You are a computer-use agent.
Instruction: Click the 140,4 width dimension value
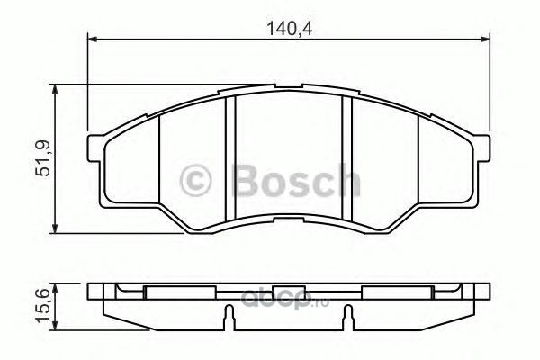click(x=290, y=29)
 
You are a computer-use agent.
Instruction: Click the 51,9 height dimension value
click(x=44, y=158)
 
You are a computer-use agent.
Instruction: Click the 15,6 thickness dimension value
click(x=44, y=306)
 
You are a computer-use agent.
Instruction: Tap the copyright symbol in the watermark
click(x=195, y=181)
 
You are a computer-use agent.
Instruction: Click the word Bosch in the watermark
click(x=296, y=180)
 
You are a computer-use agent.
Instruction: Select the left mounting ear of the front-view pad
click(x=95, y=148)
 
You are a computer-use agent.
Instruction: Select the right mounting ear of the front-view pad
click(x=481, y=148)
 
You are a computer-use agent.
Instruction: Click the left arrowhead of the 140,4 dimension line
click(x=93, y=40)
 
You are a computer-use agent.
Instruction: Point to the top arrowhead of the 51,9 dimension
click(x=54, y=90)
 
